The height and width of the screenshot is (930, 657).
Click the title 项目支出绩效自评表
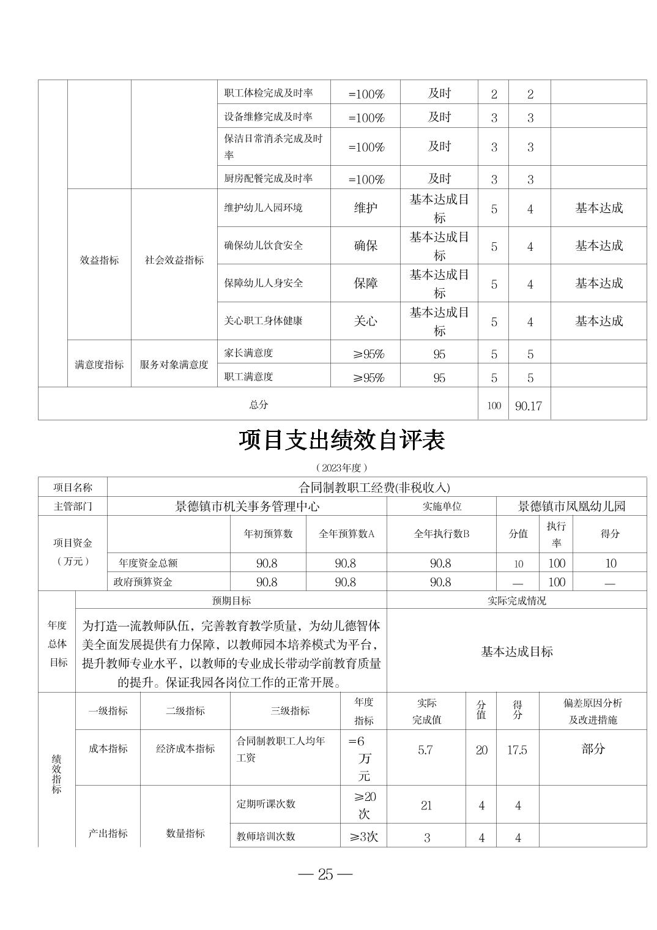[341, 441]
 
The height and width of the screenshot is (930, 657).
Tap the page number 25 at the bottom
[325, 874]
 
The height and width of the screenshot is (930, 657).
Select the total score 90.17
[529, 406]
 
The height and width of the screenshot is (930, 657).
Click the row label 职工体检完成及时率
[269, 93]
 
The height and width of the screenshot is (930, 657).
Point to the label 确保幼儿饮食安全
[264, 245]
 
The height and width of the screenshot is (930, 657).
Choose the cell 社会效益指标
[174, 260]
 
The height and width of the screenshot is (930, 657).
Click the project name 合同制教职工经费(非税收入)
[374, 487]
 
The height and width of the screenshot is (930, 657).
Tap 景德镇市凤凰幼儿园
[571, 506]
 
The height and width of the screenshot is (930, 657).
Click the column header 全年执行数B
[441, 534]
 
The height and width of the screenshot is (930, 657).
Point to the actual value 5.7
[426, 750]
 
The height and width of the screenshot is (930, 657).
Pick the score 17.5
[517, 750]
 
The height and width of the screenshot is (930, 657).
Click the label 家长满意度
[248, 353]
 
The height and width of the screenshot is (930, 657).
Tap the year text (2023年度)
[342, 467]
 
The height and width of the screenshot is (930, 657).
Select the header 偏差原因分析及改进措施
[593, 712]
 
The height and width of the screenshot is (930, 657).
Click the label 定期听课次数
[266, 804]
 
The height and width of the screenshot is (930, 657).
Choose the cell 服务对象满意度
[174, 365]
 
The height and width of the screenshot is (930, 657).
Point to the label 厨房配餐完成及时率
[269, 178]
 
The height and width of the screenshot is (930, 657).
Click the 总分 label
[258, 404]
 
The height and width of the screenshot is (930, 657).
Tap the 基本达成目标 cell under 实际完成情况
[517, 652]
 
